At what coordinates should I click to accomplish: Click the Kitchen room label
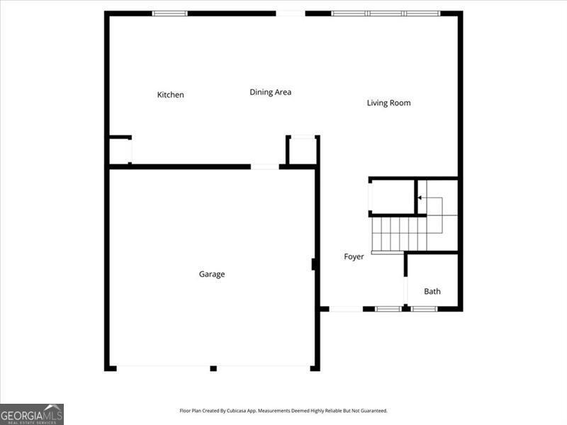pyautogui.click(x=170, y=95)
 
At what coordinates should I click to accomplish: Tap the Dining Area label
pyautogui.click(x=270, y=92)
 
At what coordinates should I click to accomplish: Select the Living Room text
pyautogui.click(x=388, y=103)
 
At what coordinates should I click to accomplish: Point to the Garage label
pyautogui.click(x=211, y=274)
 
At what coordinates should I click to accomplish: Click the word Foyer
pyautogui.click(x=354, y=256)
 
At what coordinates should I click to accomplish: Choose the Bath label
pyautogui.click(x=432, y=291)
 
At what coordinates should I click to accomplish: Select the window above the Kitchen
pyautogui.click(x=170, y=13)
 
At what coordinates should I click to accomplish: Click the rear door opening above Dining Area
pyautogui.click(x=291, y=13)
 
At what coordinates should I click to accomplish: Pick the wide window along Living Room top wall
pyautogui.click(x=386, y=13)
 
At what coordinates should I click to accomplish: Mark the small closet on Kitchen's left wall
pyautogui.click(x=119, y=151)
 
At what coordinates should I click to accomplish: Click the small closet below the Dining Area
pyautogui.click(x=302, y=151)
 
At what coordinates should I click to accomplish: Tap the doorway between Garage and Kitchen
pyautogui.click(x=264, y=166)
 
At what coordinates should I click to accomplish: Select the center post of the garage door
pyautogui.click(x=213, y=368)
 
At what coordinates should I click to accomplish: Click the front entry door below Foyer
pyautogui.click(x=346, y=309)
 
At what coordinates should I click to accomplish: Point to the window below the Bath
pyautogui.click(x=425, y=309)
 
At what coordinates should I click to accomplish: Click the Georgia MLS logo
pyautogui.click(x=32, y=414)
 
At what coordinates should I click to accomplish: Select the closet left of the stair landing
pyautogui.click(x=392, y=197)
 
